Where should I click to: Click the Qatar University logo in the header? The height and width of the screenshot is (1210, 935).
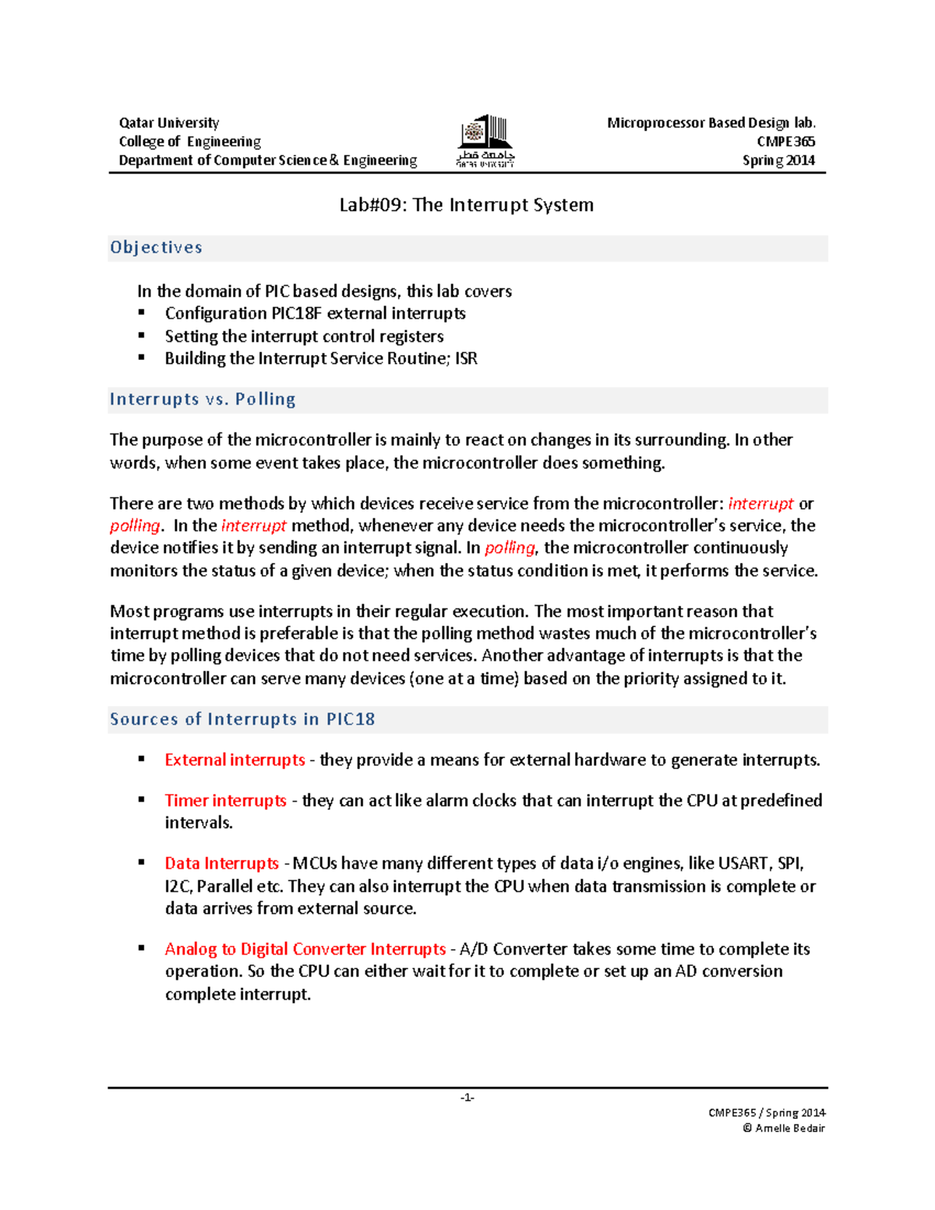[485, 140]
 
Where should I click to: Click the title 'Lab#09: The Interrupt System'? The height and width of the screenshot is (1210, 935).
[466, 205]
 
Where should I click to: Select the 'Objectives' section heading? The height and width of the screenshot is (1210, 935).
[156, 248]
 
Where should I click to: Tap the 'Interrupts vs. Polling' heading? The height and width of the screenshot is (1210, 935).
[203, 400]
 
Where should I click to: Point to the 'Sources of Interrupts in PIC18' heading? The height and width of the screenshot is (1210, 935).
[242, 719]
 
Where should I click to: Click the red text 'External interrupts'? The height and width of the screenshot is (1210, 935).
[235, 760]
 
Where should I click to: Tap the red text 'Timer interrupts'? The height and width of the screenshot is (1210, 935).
[225, 801]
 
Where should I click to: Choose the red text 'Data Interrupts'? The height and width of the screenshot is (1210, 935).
[221, 864]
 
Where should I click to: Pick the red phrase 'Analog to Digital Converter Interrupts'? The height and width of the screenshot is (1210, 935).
[305, 950]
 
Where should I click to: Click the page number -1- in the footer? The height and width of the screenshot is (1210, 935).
[467, 1098]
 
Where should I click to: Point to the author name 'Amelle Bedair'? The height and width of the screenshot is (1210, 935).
[789, 1128]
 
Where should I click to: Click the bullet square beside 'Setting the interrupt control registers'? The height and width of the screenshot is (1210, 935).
[142, 335]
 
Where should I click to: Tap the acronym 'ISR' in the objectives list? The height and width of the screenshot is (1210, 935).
[466, 359]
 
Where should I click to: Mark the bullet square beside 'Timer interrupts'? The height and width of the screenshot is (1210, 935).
[142, 799]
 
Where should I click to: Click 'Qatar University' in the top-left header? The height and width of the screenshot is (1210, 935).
[169, 123]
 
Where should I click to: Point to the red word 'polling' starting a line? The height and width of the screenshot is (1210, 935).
[135, 526]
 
